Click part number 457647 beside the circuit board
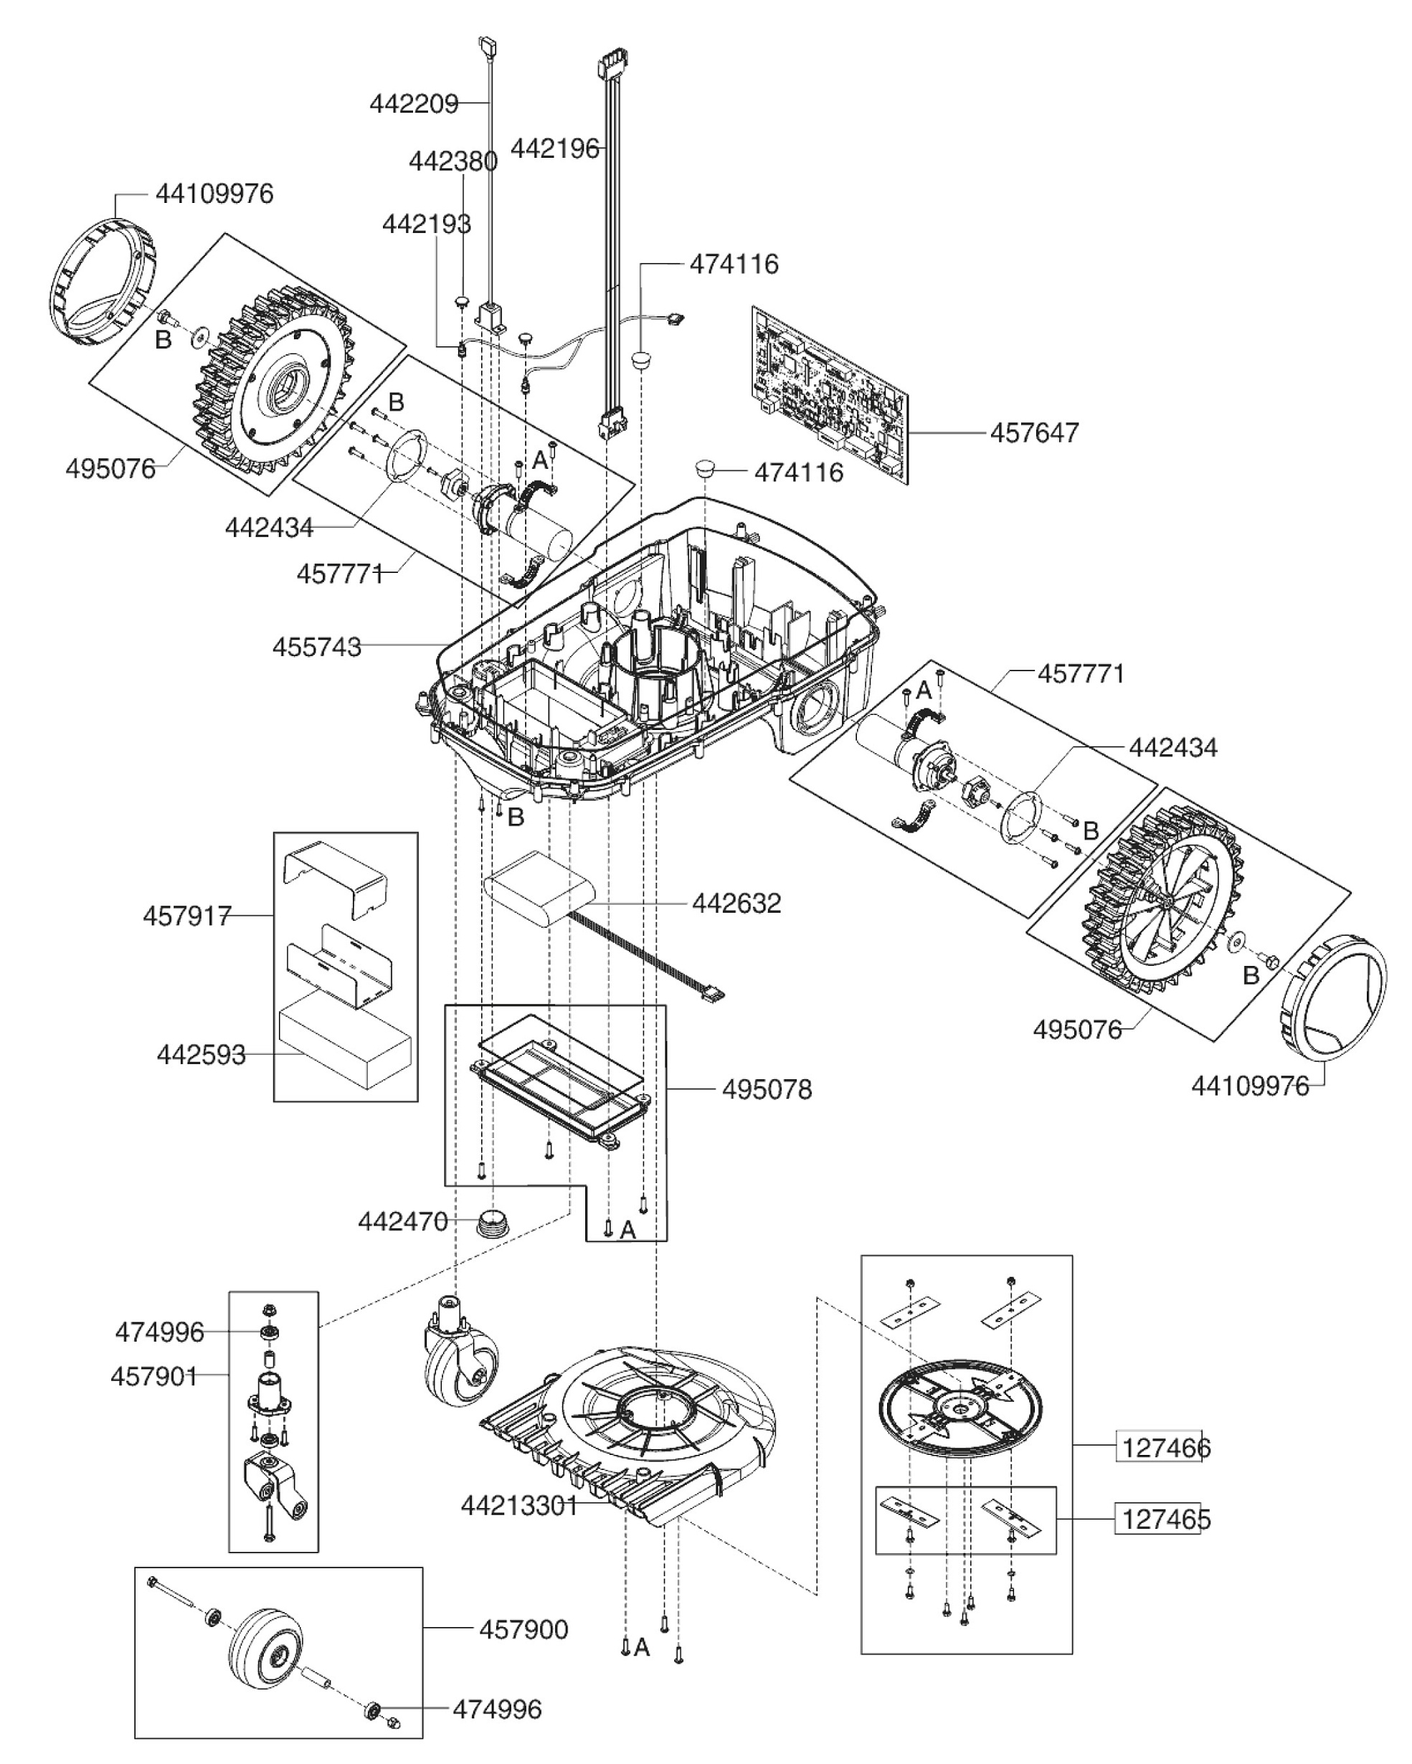1034,433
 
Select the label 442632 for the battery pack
736,904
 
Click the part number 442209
413,104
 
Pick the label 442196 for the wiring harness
554,149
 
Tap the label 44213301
518,1505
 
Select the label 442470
402,1222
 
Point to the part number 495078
767,1090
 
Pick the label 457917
187,916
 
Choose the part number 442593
202,1055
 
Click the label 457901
153,1376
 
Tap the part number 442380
452,161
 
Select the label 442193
426,223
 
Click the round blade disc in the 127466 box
960,1408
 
